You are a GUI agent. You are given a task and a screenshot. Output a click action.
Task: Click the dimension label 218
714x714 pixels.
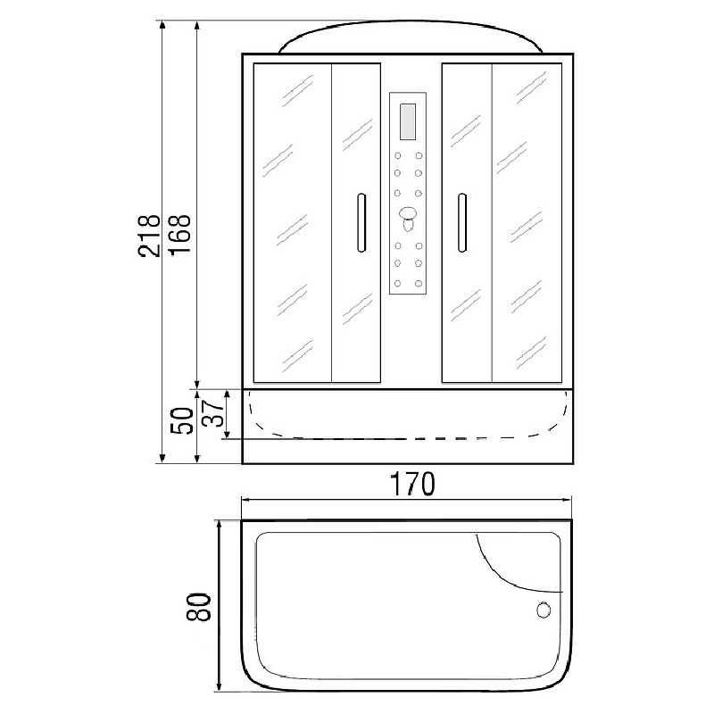click(x=149, y=236)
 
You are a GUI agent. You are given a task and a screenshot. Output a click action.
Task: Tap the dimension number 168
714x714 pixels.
click(x=180, y=235)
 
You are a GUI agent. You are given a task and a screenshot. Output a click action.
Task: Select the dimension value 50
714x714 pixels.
click(x=182, y=420)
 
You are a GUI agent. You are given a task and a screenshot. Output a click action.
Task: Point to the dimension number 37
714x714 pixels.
click(x=213, y=413)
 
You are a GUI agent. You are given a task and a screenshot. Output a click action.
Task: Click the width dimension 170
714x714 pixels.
click(x=412, y=484)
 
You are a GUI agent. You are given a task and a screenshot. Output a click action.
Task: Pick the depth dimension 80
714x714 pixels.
click(x=198, y=607)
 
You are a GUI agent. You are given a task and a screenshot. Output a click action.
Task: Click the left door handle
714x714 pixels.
click(x=361, y=222)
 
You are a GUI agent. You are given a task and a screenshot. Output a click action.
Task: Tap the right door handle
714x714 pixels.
click(x=461, y=222)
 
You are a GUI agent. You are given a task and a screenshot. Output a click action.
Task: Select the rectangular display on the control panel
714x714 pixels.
click(x=408, y=121)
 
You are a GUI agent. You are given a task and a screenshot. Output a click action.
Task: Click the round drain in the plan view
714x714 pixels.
click(x=544, y=610)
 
